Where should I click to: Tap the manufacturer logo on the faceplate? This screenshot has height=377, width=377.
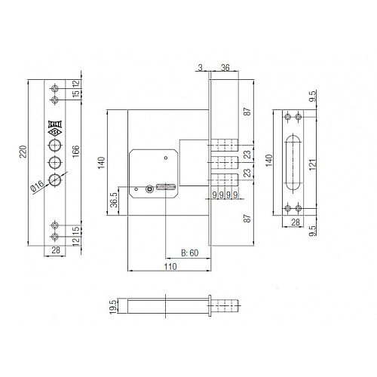pyautogui.click(x=55, y=127)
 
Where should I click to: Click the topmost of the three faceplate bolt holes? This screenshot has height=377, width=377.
pyautogui.click(x=55, y=144)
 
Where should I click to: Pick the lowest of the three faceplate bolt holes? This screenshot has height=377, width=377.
pyautogui.click(x=55, y=179)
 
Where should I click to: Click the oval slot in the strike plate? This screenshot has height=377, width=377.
pyautogui.click(x=292, y=162)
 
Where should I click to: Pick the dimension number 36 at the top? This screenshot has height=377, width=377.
pyautogui.click(x=225, y=66)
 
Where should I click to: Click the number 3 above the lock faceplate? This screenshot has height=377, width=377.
pyautogui.click(x=201, y=66)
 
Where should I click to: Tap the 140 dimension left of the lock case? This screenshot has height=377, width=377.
pyautogui.click(x=100, y=162)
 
